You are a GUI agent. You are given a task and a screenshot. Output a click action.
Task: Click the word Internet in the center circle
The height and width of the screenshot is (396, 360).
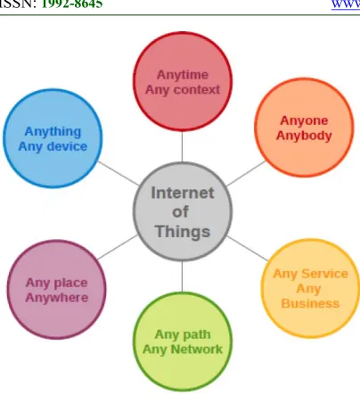[x=183, y=193]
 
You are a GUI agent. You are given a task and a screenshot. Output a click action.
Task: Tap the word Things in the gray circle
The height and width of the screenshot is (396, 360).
[x=183, y=232]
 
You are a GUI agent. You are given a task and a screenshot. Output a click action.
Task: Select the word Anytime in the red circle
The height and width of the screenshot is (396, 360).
[x=183, y=75]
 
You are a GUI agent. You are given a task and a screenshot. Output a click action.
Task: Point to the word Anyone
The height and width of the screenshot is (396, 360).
[x=304, y=120]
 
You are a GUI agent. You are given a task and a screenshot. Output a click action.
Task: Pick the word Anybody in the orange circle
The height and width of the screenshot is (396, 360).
[x=304, y=136]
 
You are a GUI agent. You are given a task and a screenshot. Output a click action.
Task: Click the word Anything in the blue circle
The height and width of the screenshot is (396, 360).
[x=53, y=132]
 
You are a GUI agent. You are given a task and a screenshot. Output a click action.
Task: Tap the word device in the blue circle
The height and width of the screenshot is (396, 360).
[x=67, y=146]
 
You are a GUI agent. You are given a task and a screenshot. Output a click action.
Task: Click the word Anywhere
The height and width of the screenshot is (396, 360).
[x=57, y=298]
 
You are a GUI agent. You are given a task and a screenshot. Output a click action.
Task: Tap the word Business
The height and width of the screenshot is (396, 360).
[x=310, y=303]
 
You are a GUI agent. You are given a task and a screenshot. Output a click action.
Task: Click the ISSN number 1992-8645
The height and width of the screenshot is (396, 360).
[x=72, y=4]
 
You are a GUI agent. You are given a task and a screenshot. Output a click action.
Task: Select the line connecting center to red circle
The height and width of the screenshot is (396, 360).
[x=182, y=146]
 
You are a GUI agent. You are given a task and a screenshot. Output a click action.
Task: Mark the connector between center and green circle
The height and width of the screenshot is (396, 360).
[x=182, y=276]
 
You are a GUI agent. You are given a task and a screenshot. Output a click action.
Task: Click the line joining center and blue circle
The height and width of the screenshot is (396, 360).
[x=119, y=173]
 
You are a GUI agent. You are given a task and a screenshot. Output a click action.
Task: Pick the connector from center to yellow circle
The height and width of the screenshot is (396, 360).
[x=247, y=249]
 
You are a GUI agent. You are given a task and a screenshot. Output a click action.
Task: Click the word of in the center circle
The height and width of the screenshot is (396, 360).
[x=180, y=212]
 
